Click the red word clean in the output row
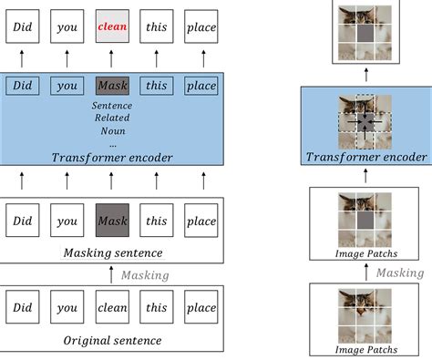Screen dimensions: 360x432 [x=112, y=28]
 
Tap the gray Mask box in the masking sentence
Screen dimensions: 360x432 [x=112, y=221]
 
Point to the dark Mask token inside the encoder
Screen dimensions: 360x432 [x=112, y=87]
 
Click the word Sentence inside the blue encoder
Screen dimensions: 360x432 [x=112, y=106]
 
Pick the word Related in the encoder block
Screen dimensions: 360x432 [x=112, y=118]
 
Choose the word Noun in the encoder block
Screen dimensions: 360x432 [x=112, y=129]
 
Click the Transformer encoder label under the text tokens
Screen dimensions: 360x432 [x=112, y=157]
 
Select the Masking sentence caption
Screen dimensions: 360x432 [x=112, y=252]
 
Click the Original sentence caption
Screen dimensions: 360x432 [x=112, y=341]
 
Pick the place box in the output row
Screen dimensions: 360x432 [x=201, y=28]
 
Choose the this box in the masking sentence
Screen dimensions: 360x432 [x=156, y=221]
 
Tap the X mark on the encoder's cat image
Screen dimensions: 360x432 [x=365, y=122]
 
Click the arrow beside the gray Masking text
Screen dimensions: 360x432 [x=112, y=273]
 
